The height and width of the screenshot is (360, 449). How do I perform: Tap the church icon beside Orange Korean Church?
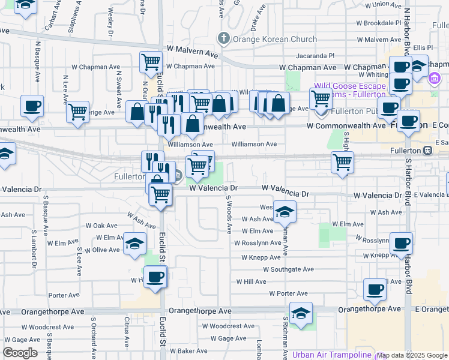(x=224, y=40)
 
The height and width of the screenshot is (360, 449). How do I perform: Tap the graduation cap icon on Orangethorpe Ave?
(x=301, y=313)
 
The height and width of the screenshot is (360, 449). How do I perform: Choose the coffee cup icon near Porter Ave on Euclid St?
(x=155, y=277)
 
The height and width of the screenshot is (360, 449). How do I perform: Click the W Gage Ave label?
(x=224, y=338)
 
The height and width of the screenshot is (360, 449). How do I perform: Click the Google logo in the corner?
(x=20, y=353)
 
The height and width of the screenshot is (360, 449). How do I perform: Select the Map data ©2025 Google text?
(x=412, y=355)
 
